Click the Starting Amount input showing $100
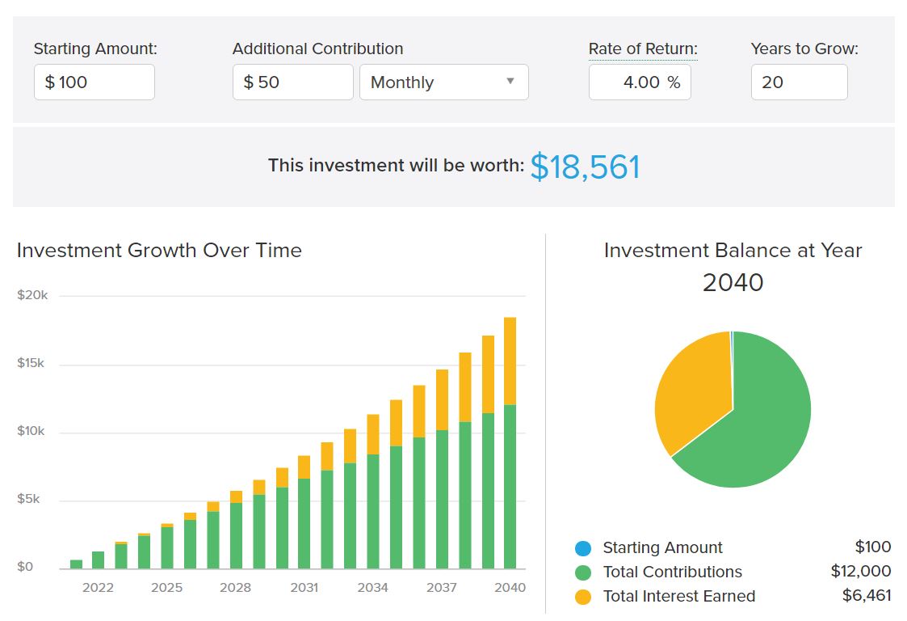94,82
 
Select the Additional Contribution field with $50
292,82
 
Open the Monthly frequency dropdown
443,82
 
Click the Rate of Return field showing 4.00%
640,82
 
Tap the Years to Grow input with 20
799,82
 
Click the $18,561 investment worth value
585,167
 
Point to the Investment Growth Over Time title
159,251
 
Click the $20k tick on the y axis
32,295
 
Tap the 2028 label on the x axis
236,588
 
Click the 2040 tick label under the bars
510,588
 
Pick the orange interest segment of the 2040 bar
510,361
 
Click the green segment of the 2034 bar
372,511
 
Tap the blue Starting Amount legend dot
583,548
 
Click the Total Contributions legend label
672,572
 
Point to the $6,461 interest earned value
867,596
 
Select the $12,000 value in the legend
860,572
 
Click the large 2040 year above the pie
733,282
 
